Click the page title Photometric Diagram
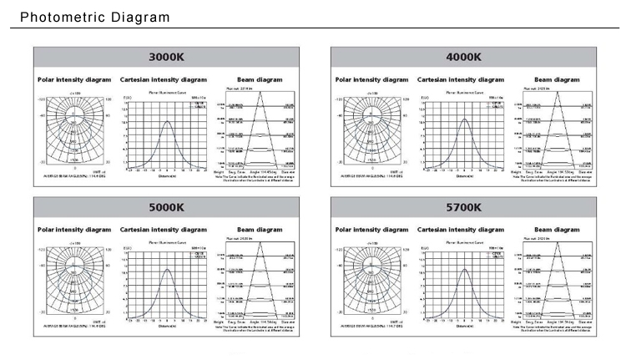(x=94, y=18)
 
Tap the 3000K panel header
(x=164, y=58)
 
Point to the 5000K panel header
(x=164, y=207)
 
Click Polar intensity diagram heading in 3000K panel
(x=74, y=79)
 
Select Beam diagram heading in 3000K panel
(x=260, y=79)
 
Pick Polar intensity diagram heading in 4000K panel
(x=371, y=79)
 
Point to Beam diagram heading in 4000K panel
(x=557, y=79)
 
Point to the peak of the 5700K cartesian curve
(x=464, y=269)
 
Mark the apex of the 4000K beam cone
(x=558, y=90)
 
